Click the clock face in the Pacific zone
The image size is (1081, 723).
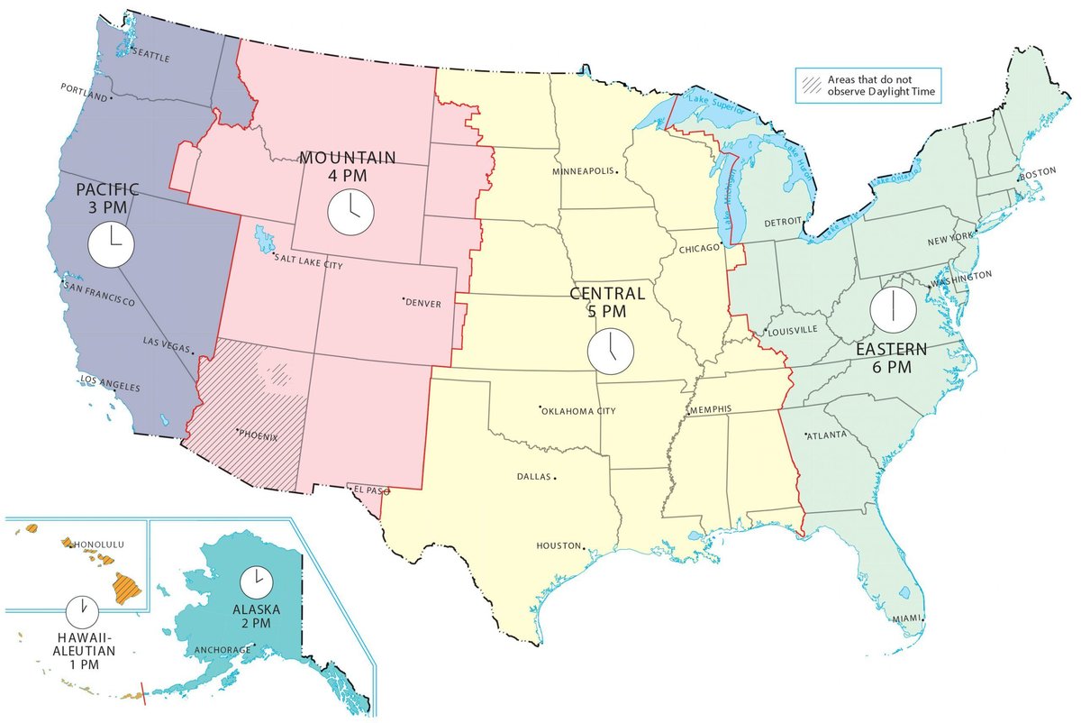click(x=110, y=244)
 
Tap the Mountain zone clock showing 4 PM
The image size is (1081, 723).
click(x=349, y=212)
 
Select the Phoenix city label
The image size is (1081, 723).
click(x=259, y=435)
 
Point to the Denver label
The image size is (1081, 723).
click(x=423, y=304)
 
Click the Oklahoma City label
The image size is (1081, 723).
click(x=579, y=411)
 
